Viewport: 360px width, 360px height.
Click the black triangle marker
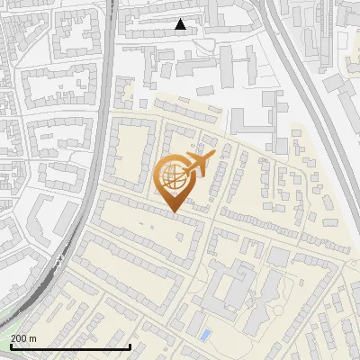tap(181, 24)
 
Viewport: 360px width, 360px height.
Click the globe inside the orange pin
tap(171, 177)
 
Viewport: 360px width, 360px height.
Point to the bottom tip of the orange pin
tap(173, 212)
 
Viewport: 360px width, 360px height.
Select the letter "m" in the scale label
tap(33, 338)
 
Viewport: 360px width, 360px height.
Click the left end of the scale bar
tap(11, 346)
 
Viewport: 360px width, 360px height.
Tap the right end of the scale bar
tap(130, 346)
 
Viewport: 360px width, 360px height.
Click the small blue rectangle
tap(206, 335)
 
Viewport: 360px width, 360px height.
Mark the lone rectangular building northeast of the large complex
tap(279, 257)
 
